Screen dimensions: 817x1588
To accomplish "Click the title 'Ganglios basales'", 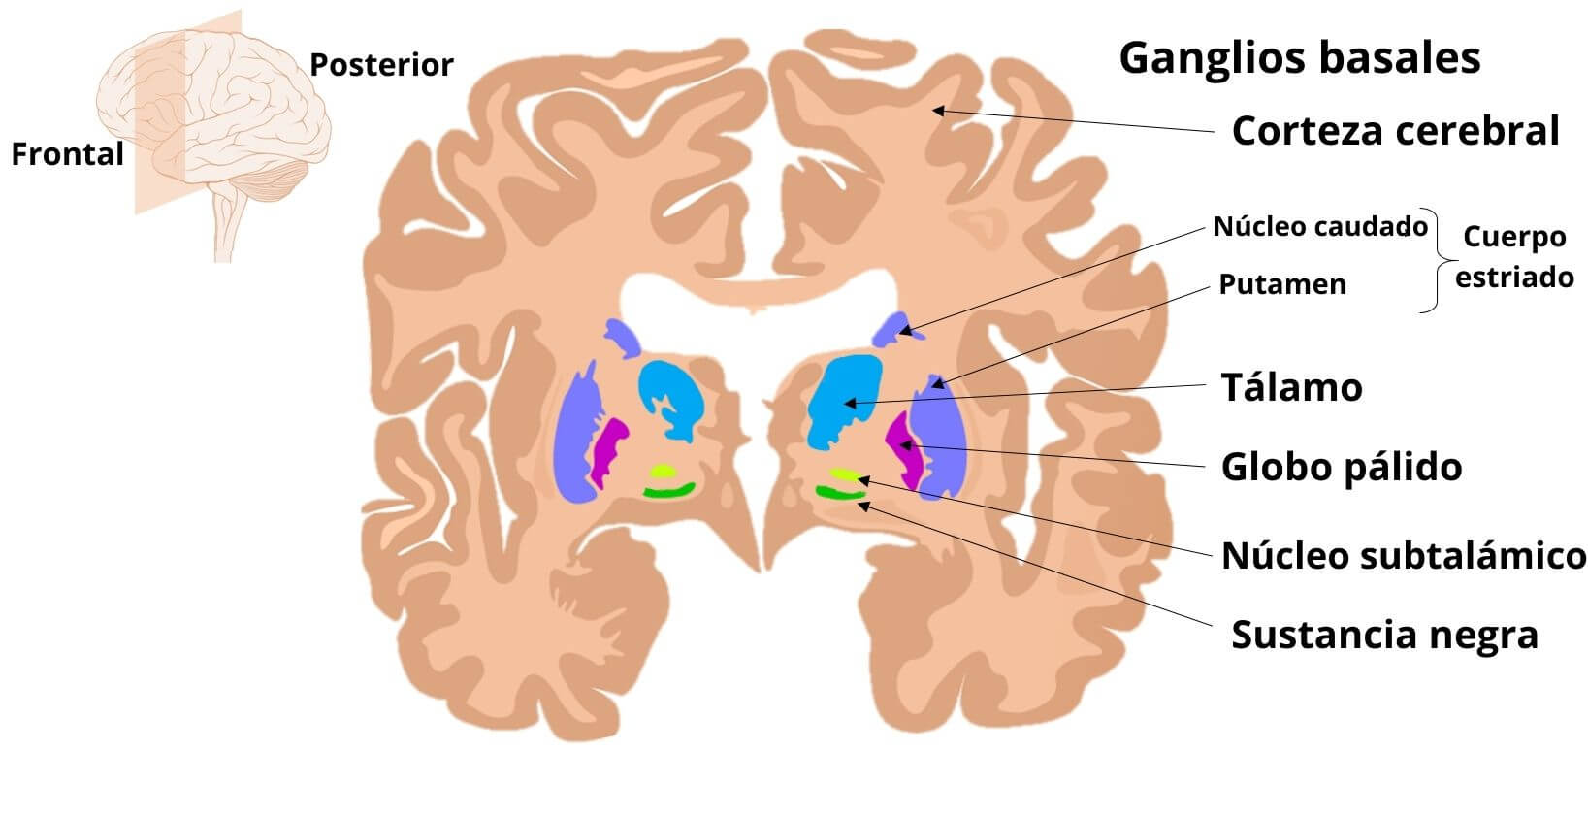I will point(1299,58).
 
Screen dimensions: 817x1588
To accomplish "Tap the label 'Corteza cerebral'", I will point(1395,131).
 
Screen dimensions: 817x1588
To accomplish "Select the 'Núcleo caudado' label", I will point(1320,227).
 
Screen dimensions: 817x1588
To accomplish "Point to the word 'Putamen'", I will point(1281,284).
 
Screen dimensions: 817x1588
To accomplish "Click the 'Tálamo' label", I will point(1291,387).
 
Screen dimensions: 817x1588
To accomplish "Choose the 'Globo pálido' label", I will point(1341,467).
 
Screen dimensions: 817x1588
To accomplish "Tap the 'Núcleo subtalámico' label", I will point(1403,556).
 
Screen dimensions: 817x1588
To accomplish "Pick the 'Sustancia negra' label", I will point(1384,635).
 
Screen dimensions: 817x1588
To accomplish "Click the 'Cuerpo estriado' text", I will point(1514,257).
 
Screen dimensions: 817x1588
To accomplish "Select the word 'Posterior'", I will point(381,65).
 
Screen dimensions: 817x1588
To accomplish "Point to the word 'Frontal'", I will point(67,154).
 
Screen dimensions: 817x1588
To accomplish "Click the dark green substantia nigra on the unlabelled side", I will point(669,492).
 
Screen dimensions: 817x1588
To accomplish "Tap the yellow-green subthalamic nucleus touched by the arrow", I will point(845,475).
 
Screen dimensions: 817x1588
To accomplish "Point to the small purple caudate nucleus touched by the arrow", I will point(893,330).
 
